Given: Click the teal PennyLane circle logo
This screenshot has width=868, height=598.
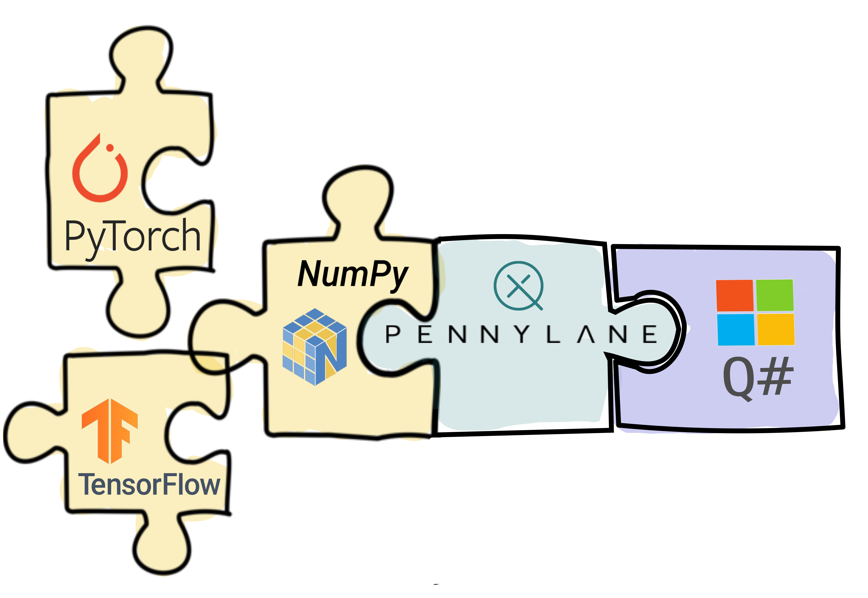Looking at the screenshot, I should click(519, 286).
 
